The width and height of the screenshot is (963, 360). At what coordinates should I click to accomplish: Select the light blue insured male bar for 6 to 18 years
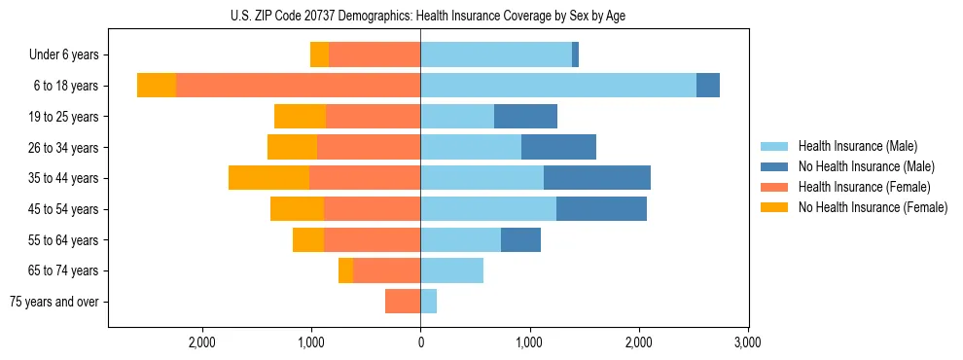point(558,86)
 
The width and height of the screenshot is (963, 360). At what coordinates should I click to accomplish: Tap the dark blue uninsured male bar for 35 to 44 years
point(597,178)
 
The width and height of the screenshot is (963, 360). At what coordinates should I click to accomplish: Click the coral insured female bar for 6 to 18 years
point(298,86)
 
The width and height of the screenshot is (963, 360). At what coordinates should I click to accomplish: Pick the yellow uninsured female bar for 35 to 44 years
point(268,178)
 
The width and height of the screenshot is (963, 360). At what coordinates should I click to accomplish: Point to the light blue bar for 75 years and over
point(429,302)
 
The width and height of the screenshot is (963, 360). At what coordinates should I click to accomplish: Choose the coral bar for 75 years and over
point(403,302)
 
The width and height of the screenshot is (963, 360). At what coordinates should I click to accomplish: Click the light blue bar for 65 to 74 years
point(452,270)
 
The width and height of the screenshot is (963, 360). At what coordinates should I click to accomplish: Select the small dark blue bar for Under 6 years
point(576,55)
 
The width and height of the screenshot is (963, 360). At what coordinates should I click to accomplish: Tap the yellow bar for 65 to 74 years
point(345,270)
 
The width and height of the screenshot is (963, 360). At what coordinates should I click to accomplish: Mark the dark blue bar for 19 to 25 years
point(525,117)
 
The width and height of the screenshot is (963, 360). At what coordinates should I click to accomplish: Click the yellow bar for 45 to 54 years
point(297,209)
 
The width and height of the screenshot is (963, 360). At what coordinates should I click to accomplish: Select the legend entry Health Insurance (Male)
point(857,146)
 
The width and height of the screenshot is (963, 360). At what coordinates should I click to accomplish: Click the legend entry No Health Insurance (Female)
point(872,207)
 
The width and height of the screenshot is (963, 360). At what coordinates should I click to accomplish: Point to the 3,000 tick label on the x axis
point(747,342)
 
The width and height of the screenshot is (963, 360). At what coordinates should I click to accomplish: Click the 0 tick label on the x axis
point(420,342)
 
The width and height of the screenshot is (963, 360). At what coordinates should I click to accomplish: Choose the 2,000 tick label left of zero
point(202,342)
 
